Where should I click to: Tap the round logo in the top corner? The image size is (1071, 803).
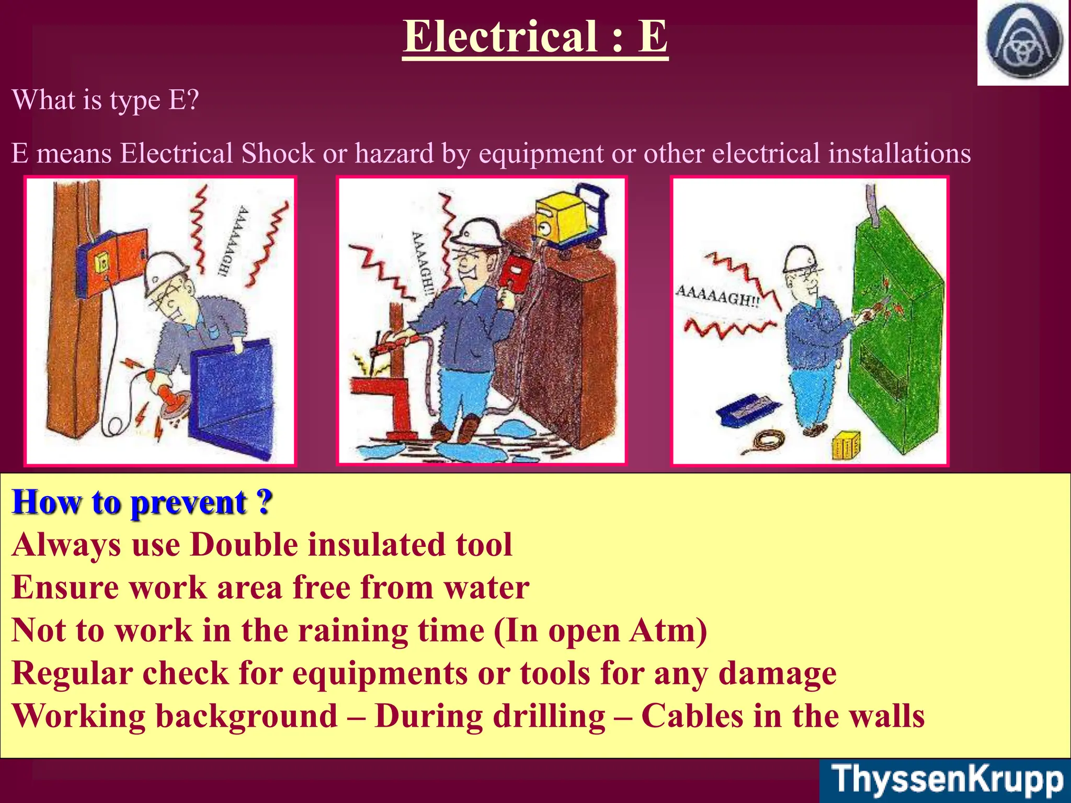tap(1024, 42)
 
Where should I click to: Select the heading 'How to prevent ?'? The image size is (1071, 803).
tap(142, 502)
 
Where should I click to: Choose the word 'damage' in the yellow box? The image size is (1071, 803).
tap(777, 673)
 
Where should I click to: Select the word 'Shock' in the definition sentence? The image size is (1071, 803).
tap(278, 154)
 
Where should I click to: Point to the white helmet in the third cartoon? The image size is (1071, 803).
tap(800, 259)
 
